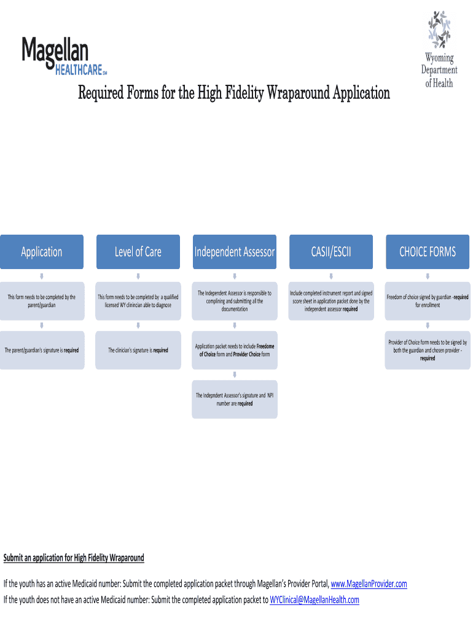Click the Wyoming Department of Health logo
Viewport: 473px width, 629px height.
tap(439, 49)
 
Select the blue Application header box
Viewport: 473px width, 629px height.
tap(42, 252)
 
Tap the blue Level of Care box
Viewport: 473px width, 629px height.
tap(138, 252)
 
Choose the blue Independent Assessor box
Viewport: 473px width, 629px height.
tap(235, 252)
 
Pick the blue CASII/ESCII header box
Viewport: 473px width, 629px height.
tap(331, 252)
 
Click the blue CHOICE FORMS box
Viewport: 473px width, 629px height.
tap(428, 252)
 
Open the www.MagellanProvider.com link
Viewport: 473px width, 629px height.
tap(369, 584)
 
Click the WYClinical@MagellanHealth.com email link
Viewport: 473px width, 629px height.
tap(314, 600)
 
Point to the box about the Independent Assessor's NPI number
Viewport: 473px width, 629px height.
tap(235, 400)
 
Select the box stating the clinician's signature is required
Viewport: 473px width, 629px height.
tap(138, 350)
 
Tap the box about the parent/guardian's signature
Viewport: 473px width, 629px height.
tap(42, 350)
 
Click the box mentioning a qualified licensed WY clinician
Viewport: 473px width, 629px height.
tap(138, 301)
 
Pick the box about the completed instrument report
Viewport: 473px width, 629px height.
tap(331, 301)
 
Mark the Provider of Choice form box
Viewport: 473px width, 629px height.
tap(428, 350)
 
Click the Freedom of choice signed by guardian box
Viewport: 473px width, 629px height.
tap(428, 301)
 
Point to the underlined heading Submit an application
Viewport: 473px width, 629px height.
tap(74, 558)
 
